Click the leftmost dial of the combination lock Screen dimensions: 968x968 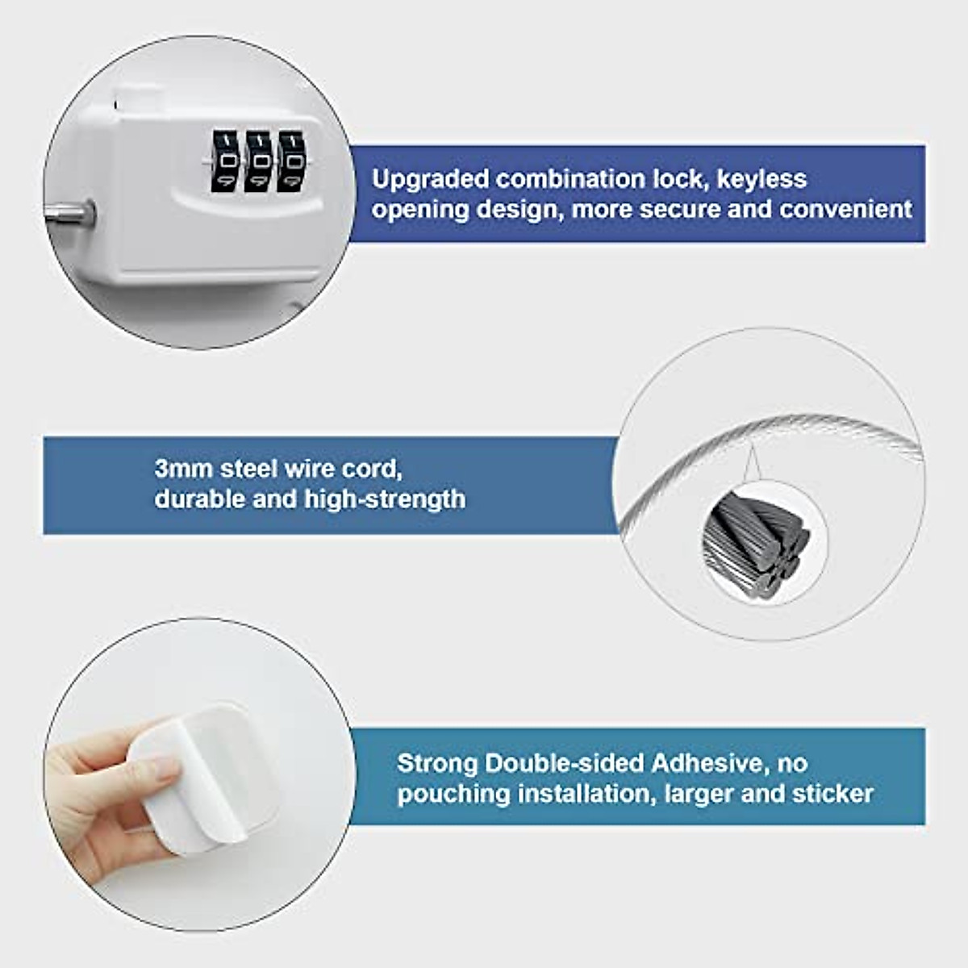222,162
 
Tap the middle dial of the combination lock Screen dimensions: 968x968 257,162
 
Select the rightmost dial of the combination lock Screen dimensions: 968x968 291,162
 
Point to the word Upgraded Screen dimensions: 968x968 430,179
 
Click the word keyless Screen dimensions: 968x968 761,179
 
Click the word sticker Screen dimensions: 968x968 832,794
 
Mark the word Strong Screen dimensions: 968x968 437,763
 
